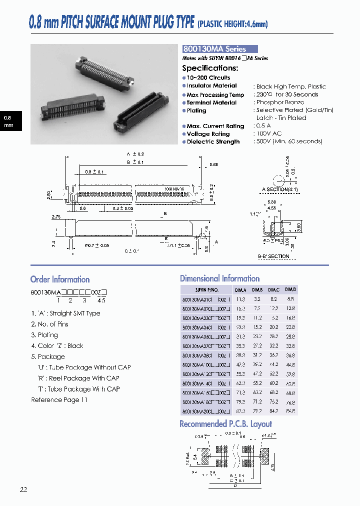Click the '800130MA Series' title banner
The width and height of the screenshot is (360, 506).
click(x=220, y=49)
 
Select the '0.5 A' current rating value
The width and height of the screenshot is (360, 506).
click(x=264, y=126)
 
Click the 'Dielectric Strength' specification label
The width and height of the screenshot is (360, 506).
click(x=213, y=141)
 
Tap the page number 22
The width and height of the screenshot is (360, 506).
click(x=23, y=489)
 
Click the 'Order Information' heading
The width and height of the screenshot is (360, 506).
click(x=60, y=279)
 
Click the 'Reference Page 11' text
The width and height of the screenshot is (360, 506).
click(x=59, y=399)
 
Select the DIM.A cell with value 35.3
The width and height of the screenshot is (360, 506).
click(x=240, y=345)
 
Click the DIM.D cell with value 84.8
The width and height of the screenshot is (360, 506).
click(x=290, y=411)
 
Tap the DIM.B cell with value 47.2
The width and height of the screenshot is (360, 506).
click(x=257, y=373)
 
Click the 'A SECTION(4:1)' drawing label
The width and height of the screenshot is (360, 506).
click(x=280, y=189)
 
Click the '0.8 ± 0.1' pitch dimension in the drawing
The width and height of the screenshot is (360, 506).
click(x=94, y=171)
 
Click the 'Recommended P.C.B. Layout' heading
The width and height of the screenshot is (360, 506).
click(x=225, y=424)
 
